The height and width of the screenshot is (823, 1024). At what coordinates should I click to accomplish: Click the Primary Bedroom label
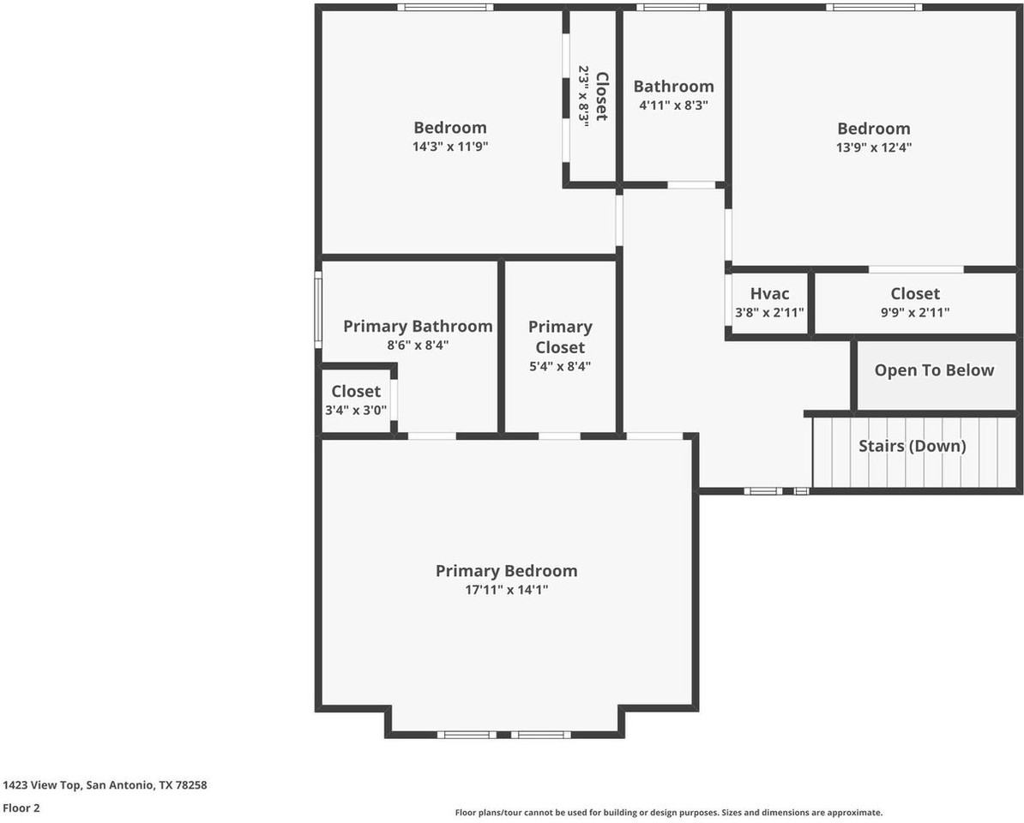pos(506,571)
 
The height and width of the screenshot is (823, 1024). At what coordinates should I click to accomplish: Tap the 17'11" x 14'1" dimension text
pos(506,590)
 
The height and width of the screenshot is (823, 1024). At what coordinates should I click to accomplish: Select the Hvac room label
pos(769,294)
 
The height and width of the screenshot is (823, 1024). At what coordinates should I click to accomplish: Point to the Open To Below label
pos(934,370)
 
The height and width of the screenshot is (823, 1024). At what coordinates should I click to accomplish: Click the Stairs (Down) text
pos(913,446)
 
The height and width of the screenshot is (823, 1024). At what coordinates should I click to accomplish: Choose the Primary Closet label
pos(560,337)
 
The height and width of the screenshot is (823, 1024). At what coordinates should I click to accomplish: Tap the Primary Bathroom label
pos(418,326)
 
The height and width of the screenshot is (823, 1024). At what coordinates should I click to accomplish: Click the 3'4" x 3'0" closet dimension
pos(356,411)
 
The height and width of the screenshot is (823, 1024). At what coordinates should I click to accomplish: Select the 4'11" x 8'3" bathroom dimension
pos(673,105)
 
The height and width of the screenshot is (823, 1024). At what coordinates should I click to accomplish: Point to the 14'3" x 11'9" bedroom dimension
pos(450,147)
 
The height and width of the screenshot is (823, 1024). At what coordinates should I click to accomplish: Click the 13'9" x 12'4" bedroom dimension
pos(874,147)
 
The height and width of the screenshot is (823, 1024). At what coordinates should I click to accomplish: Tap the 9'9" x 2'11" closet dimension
pos(915,313)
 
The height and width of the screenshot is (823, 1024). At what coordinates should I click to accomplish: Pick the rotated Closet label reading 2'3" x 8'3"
pos(593,97)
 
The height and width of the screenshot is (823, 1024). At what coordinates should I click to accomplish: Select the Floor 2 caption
pos(21,808)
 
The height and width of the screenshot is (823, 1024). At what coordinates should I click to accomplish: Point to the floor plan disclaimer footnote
pos(669,813)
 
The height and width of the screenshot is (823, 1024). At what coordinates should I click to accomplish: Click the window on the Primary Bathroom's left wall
pos(319,309)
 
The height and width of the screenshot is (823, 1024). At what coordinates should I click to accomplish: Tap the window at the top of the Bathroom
pos(672,8)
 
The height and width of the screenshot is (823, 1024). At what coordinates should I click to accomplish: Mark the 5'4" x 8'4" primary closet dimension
pos(560,366)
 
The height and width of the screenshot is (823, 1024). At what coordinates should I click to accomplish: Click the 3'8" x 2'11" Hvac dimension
pos(769,313)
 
